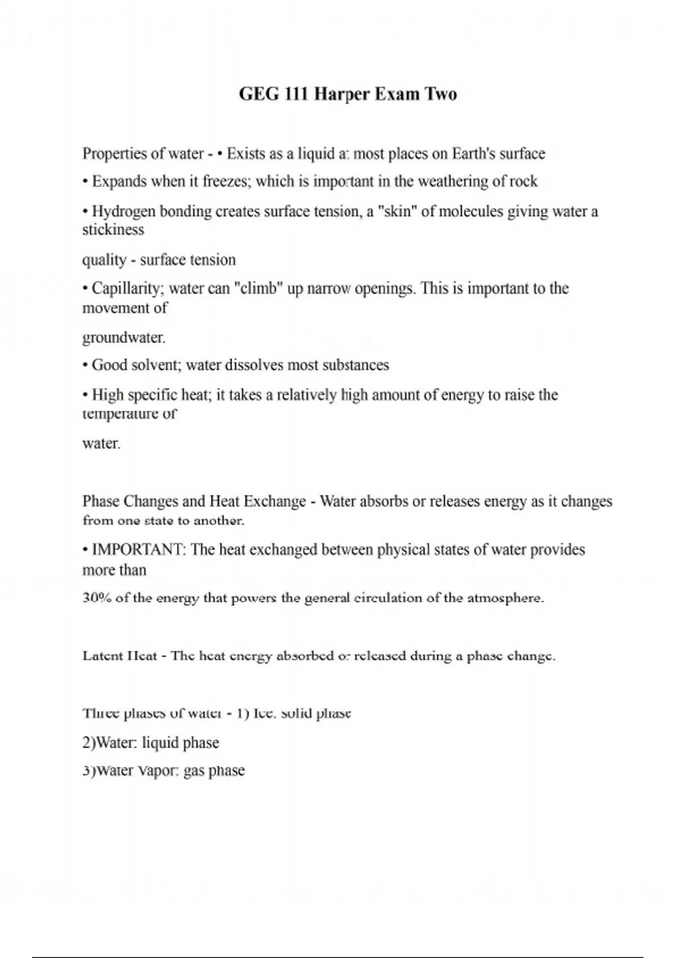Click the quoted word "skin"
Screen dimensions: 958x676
[397, 211]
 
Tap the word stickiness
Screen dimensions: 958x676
[113, 230]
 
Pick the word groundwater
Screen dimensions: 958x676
[124, 338]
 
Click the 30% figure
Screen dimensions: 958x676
[96, 598]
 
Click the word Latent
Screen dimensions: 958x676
[102, 656]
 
